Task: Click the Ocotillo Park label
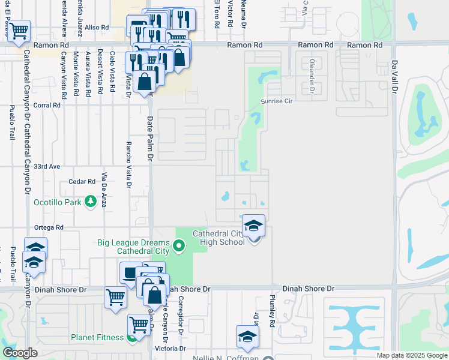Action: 57,202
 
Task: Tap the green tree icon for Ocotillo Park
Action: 91,202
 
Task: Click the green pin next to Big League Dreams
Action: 178,245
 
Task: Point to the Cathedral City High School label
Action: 218,238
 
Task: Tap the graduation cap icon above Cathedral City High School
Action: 253,226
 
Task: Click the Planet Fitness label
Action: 97,337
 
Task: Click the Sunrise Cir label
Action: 276,101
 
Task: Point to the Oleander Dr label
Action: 312,76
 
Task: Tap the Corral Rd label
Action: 48,105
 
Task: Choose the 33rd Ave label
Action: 48,166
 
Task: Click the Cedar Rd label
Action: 82,181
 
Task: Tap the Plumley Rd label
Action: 272,310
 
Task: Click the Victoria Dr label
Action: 170,349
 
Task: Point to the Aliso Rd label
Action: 97,28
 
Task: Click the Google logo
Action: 20,353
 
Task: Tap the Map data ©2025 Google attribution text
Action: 412,355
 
